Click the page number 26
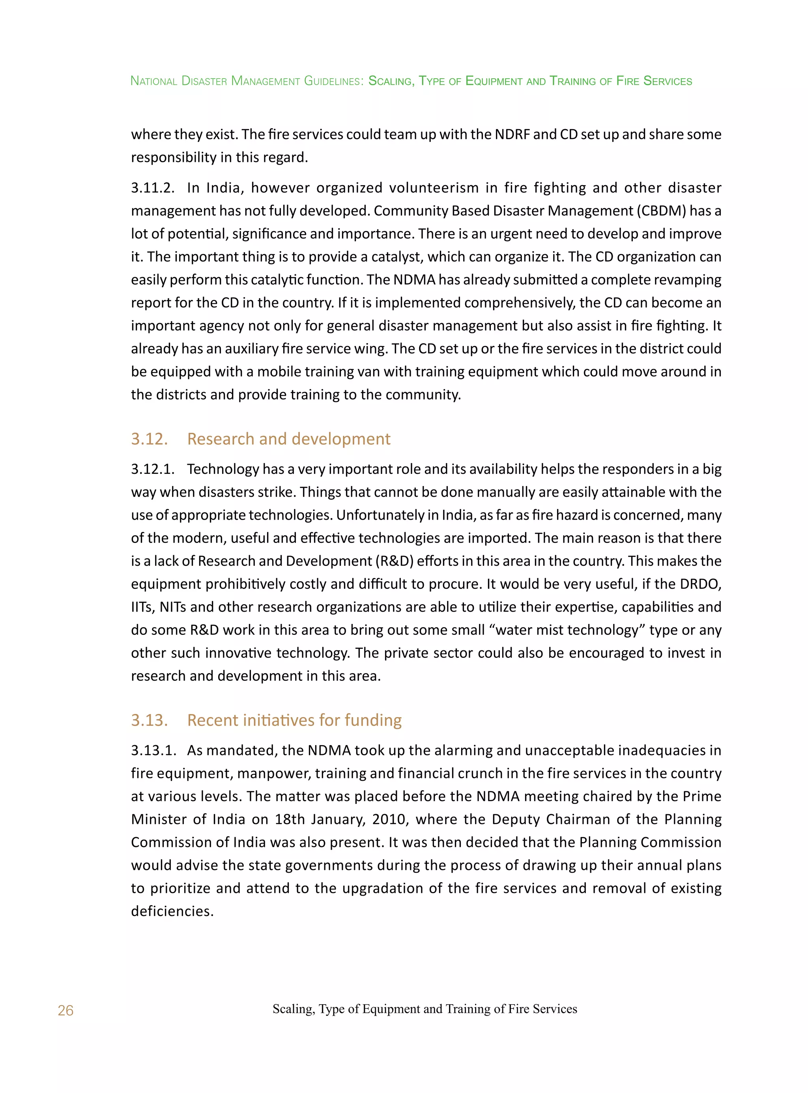65,1010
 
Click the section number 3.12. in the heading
149,439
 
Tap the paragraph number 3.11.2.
153,188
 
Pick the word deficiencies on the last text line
172,911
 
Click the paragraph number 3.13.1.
153,750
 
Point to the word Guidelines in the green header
333,81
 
